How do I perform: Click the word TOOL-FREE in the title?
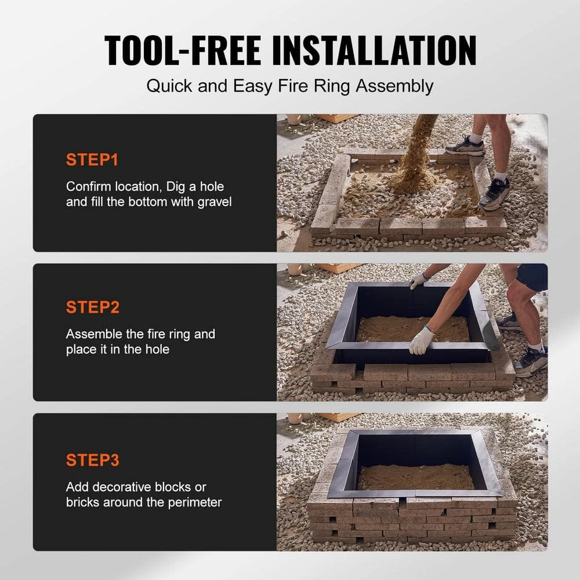183,50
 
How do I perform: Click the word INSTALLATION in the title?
374,50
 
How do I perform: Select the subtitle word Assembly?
394,87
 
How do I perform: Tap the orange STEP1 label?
92,160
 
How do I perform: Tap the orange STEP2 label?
92,307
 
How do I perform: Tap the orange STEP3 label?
92,460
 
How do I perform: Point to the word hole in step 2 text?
157,349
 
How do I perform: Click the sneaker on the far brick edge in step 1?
465,146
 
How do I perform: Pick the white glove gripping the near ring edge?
422,340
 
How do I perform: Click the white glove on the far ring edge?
418,281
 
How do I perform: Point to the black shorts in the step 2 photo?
532,277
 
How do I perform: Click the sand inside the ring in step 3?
416,477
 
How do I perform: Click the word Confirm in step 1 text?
89,186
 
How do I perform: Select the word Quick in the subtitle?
169,86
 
